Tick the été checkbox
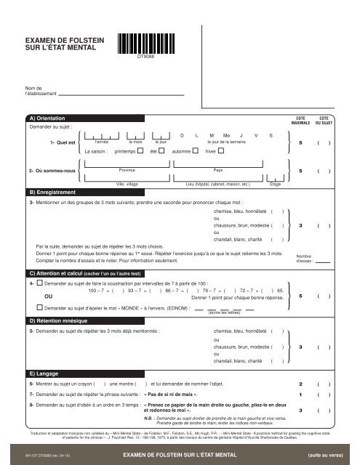coord(163,151)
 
